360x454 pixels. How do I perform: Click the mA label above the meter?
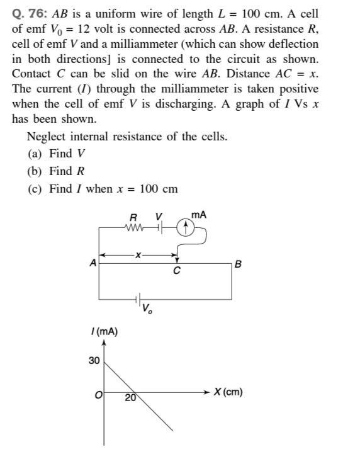[199, 215]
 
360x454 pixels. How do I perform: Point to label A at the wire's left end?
[93, 264]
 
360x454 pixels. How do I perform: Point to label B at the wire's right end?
[237, 264]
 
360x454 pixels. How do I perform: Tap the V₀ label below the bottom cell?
[147, 309]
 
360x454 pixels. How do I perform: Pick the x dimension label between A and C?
[140, 254]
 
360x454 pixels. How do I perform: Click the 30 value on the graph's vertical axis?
[94, 360]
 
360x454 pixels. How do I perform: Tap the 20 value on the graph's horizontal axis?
[130, 397]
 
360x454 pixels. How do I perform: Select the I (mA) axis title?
[104, 332]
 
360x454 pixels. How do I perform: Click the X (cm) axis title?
[228, 392]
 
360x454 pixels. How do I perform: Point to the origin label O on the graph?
[98, 395]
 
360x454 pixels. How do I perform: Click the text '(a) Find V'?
[56, 154]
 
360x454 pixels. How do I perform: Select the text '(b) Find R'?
[56, 171]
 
